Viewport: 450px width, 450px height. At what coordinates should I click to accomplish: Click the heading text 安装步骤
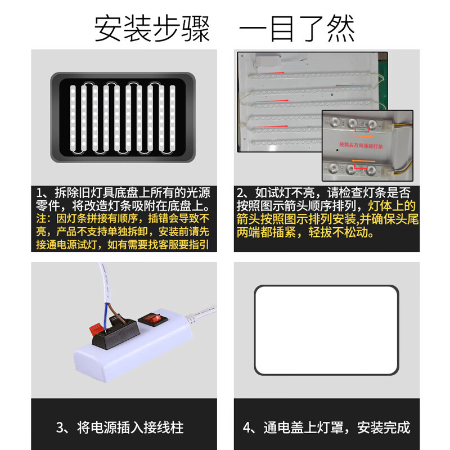click(x=152, y=28)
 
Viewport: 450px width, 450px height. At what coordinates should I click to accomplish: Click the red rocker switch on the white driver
click(x=154, y=318)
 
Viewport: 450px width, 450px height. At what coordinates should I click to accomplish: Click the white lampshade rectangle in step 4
click(x=326, y=330)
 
